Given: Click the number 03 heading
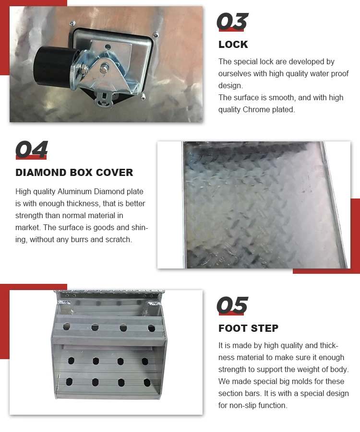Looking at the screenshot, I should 232,23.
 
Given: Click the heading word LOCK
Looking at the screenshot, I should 233,45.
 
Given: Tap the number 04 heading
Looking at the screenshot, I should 32,150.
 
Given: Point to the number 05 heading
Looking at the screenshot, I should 232,305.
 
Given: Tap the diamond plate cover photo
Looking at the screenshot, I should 254,205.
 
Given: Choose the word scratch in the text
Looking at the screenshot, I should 120,239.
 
